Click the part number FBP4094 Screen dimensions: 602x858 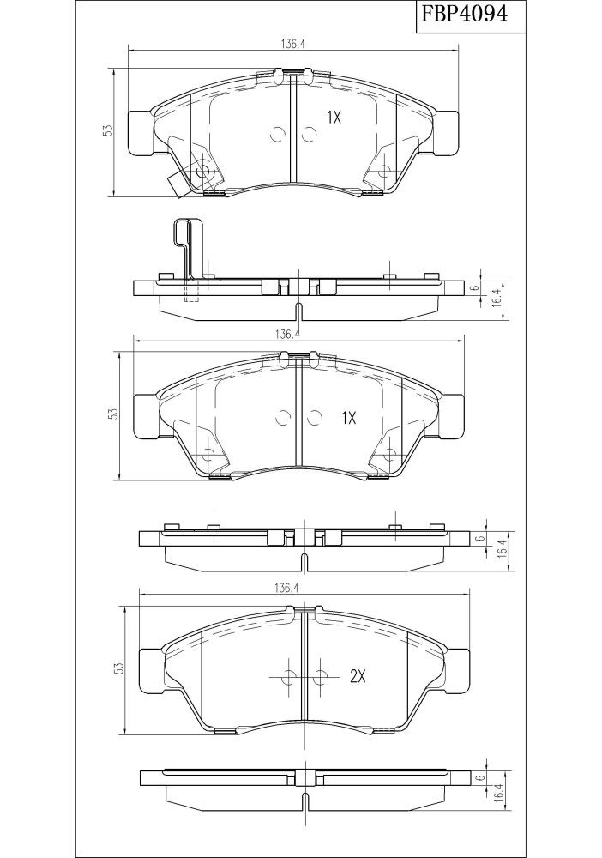tap(464, 13)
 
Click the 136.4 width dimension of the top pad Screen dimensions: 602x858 tap(293, 44)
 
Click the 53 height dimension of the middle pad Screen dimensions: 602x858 tap(112, 414)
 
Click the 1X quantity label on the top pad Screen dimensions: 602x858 tap(334, 117)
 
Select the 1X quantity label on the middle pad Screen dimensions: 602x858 tap(348, 419)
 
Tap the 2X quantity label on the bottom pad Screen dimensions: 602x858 tap(357, 677)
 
